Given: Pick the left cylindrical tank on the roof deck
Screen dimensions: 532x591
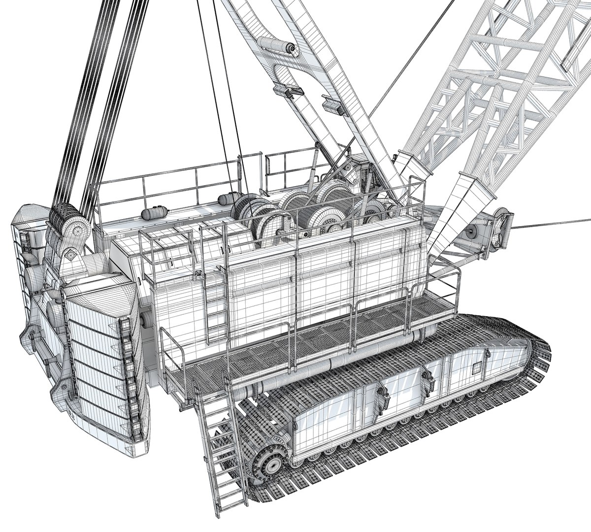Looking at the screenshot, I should [150, 213].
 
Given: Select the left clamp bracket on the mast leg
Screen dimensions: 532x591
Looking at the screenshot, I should [288, 90].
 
